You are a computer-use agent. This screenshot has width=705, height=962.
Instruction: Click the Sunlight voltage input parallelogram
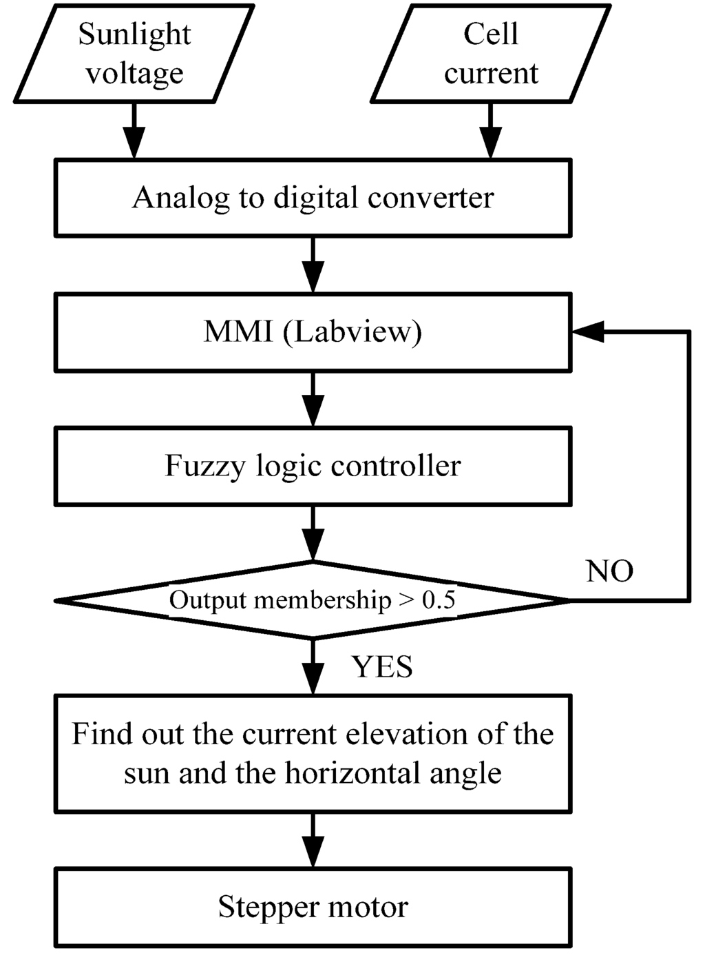point(134,54)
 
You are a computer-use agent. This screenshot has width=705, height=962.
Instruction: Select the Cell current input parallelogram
point(490,54)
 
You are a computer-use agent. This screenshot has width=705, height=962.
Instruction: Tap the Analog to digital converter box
point(313,198)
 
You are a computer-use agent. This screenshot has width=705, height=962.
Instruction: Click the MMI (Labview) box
point(313,332)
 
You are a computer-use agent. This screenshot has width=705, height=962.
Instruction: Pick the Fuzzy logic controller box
point(313,467)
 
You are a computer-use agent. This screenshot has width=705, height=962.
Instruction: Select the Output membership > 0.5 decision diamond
point(313,600)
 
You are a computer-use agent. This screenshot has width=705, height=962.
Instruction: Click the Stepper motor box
point(313,907)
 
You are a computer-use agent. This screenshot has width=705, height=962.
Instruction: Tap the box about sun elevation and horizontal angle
point(313,753)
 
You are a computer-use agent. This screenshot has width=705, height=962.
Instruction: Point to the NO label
point(609,571)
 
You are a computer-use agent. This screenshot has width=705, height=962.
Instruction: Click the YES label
point(383,667)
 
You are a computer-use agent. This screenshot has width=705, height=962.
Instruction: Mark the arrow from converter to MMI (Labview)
point(313,266)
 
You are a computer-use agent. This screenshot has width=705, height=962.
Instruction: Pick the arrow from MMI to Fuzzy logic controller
point(313,400)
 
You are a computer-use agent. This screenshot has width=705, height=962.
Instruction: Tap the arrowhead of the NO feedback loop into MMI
point(587,331)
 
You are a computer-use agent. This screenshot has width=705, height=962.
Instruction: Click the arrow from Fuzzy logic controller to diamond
point(313,535)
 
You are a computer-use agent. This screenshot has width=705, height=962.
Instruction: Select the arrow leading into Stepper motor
point(313,841)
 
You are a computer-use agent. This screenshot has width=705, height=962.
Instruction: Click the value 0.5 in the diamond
point(439,600)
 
